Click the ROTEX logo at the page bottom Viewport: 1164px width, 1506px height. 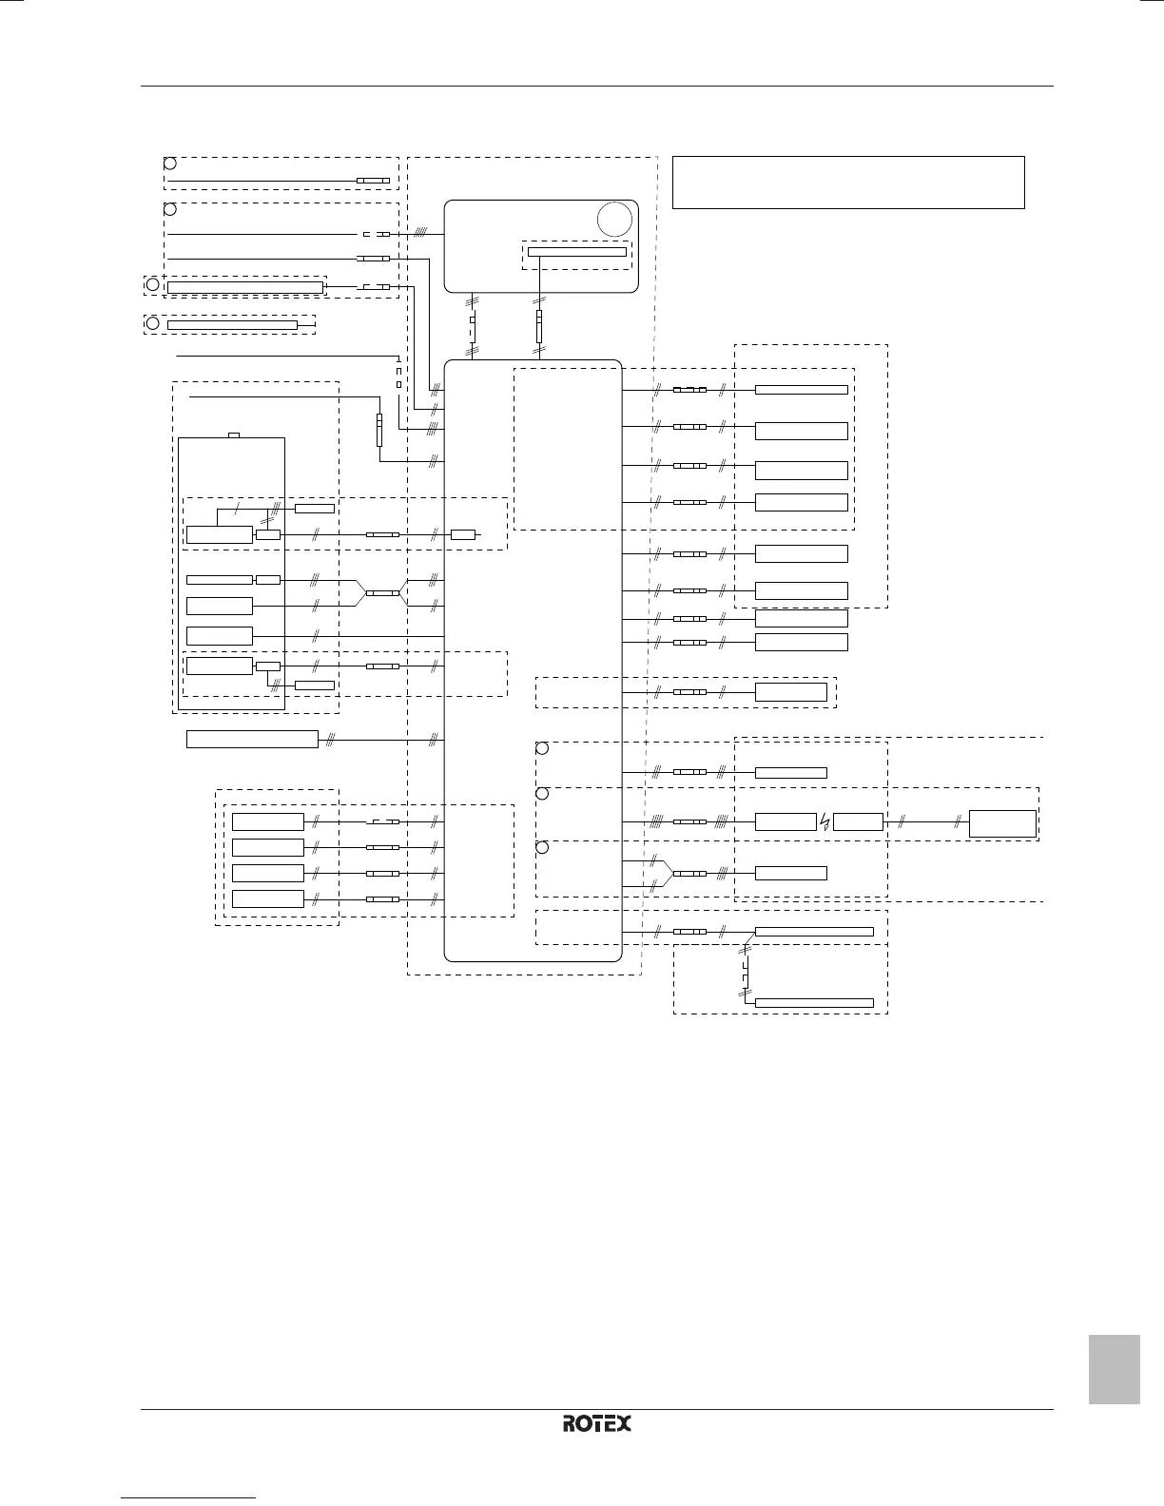click(597, 1423)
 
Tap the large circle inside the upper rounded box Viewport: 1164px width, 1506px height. click(615, 220)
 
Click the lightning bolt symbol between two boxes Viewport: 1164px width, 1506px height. click(824, 822)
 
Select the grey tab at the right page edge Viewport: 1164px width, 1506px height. click(1114, 1369)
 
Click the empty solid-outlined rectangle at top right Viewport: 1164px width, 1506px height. click(847, 182)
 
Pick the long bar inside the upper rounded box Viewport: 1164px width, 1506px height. click(578, 251)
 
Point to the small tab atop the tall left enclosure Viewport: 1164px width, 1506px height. click(234, 435)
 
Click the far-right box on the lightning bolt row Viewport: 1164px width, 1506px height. click(1002, 823)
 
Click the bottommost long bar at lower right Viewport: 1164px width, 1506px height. click(814, 1003)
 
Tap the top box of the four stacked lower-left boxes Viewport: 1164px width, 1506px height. click(268, 822)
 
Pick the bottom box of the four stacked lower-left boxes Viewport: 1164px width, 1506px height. click(268, 899)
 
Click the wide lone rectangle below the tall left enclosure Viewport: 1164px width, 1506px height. click(252, 739)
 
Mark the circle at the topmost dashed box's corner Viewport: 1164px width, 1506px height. click(169, 163)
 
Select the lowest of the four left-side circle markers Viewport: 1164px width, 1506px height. click(151, 323)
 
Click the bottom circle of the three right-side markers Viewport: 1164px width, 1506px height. click(542, 848)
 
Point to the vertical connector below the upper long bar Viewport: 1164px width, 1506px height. click(539, 326)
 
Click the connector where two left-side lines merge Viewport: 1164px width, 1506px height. click(382, 592)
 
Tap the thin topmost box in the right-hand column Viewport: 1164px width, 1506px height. click(801, 389)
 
